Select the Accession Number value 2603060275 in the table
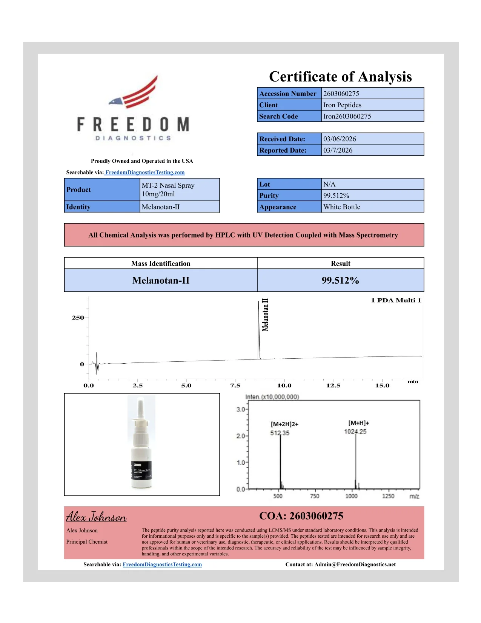[341, 94]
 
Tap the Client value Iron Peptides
[342, 105]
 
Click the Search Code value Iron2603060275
[347, 116]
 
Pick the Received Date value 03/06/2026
[340, 139]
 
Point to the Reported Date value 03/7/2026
[338, 150]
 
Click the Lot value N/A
[329, 184]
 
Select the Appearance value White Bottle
[342, 207]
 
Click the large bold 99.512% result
[340, 281]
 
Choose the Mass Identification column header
[161, 264]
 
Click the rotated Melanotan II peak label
[265, 315]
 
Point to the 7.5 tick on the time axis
[235, 386]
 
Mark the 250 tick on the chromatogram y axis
[78, 318]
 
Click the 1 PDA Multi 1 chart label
[396, 301]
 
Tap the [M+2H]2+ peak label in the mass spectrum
[284, 424]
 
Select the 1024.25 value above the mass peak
[355, 432]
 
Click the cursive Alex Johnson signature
[96, 517]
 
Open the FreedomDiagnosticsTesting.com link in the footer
[162, 564]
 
